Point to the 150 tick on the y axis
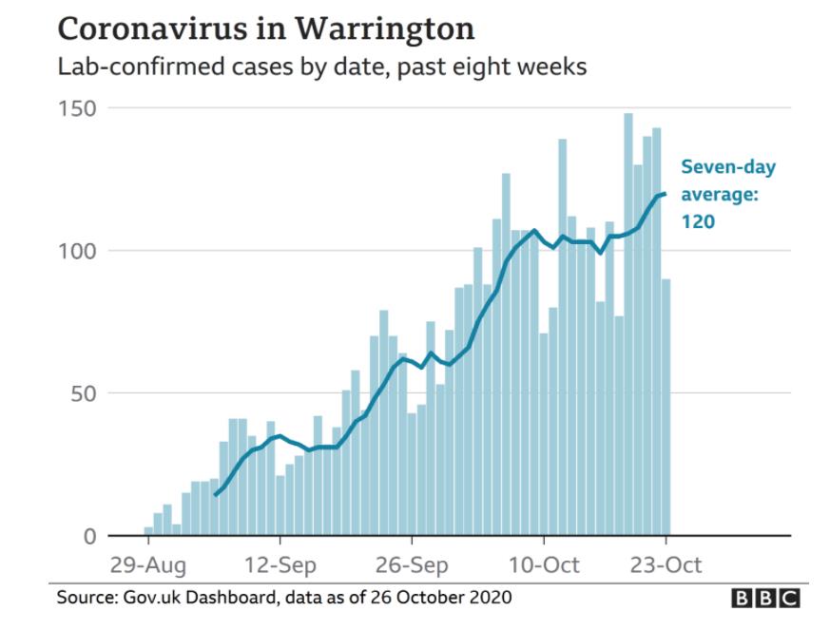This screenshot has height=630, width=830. [75, 108]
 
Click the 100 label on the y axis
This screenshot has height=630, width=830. [75, 251]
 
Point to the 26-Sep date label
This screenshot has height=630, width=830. [412, 566]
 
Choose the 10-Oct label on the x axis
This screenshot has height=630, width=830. [544, 566]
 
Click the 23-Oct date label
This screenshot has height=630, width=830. [666, 566]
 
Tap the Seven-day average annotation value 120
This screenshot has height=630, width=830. [697, 222]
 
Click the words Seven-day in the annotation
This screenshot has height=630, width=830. [728, 168]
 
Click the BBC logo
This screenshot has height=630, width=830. [765, 598]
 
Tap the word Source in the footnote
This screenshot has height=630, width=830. [84, 598]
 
